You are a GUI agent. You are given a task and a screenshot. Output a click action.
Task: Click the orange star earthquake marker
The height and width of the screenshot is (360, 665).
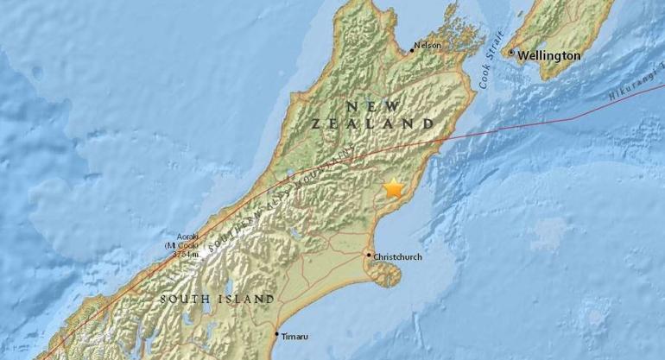pos(395,188)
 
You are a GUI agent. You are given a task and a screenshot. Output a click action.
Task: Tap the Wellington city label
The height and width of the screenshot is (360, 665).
pos(549,55)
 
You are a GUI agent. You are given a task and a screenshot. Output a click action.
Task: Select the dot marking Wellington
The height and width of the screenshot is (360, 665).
pos(511,54)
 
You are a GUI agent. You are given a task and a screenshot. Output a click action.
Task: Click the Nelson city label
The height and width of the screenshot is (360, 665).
pos(427,45)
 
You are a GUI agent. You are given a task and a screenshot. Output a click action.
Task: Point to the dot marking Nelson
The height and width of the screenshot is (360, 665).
pos(411,50)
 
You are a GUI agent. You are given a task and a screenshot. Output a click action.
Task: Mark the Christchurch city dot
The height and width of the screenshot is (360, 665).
pos(368,255)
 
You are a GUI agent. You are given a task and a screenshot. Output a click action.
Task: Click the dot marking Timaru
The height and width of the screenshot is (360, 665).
pos(277,335)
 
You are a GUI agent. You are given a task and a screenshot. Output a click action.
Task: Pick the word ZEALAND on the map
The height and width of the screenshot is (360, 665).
pos(372,124)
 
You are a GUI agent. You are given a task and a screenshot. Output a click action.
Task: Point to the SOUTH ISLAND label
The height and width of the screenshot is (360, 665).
pos(217,300)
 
